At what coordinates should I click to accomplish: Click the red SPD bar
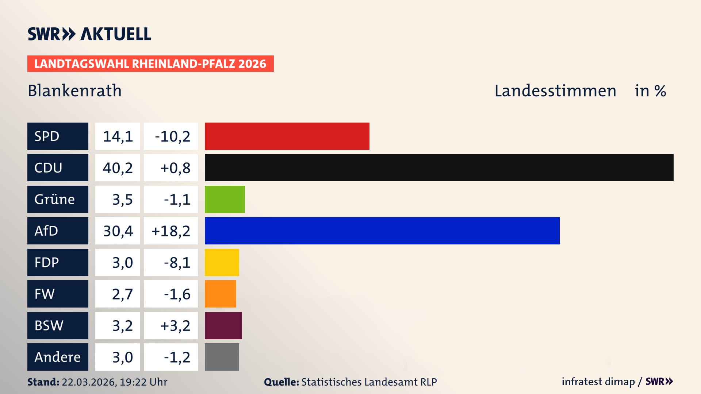287,136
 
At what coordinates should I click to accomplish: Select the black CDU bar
439,168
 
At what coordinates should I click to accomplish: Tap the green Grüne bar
225,199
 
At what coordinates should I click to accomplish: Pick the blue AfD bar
382,231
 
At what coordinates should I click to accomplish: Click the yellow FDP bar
222,262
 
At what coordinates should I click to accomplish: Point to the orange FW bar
220,294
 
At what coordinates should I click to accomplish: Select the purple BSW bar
223,325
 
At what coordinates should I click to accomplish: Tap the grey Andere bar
222,357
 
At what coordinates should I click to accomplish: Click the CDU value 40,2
118,168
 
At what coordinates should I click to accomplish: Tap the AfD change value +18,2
171,231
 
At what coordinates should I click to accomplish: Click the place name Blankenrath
74,90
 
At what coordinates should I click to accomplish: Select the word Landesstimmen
555,90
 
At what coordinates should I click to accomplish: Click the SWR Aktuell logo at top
89,34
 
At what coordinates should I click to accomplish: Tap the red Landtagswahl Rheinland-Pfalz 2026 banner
150,63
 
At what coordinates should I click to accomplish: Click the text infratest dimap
598,382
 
